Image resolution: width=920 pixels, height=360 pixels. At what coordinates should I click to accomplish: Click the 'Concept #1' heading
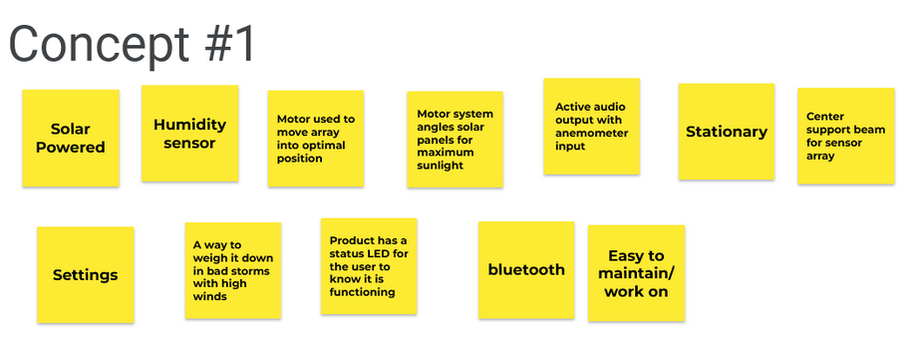[132, 44]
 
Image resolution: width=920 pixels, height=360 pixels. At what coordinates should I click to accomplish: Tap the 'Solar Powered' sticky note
[71, 138]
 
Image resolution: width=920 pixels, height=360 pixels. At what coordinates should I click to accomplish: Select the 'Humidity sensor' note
[190, 134]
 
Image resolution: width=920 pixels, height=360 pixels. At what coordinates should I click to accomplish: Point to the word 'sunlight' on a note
[440, 166]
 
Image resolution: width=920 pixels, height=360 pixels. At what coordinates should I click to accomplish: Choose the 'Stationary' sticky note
[727, 132]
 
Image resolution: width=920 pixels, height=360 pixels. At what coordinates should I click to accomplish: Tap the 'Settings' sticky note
[86, 275]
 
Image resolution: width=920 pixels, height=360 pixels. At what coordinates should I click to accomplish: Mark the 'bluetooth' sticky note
[526, 270]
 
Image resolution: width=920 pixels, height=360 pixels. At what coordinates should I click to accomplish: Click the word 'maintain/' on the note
[637, 273]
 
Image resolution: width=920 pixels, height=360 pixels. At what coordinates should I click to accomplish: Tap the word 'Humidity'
[190, 125]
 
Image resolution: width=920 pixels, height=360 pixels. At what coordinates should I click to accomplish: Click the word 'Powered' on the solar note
[71, 147]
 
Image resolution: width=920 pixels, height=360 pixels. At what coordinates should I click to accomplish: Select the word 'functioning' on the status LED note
[362, 292]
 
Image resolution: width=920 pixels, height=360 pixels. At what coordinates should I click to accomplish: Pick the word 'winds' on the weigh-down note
[210, 296]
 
